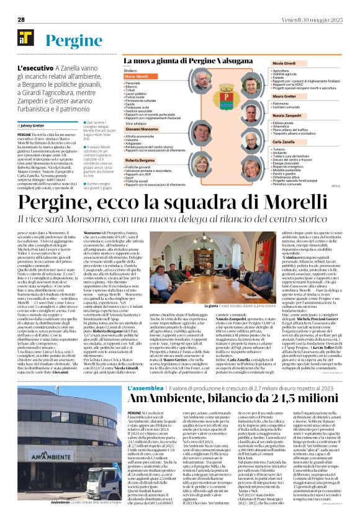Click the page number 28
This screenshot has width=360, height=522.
[x=21, y=19]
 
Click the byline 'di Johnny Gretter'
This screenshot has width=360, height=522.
[x=35, y=125]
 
